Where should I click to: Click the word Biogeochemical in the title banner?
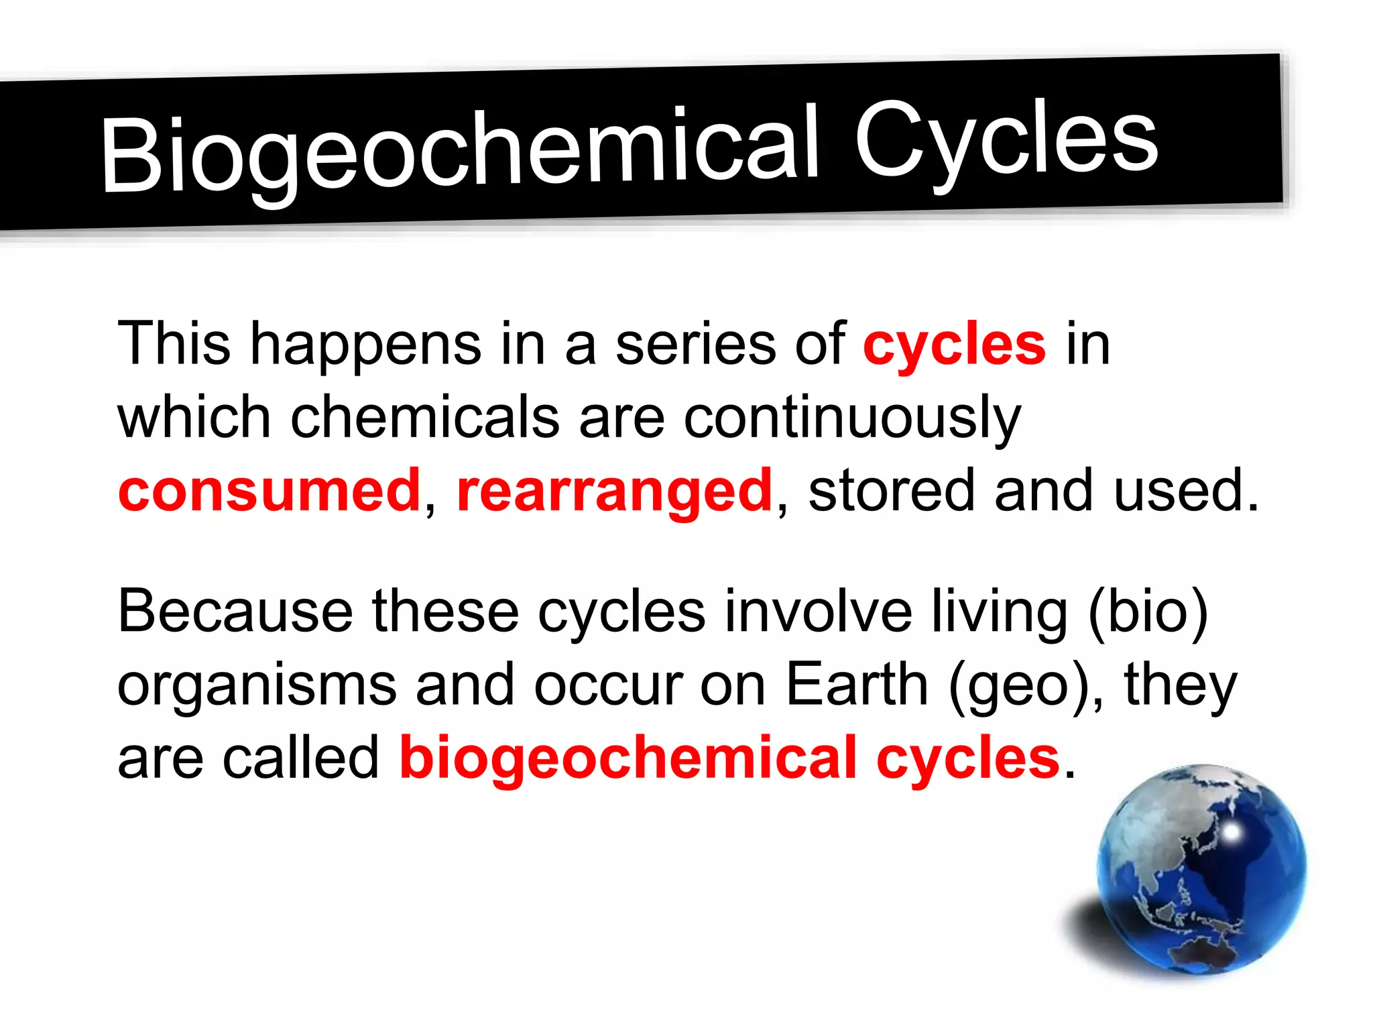(x=459, y=151)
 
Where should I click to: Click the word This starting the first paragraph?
(x=174, y=343)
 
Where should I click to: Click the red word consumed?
(x=269, y=490)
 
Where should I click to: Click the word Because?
(x=235, y=611)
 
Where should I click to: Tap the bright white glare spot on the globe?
(x=1232, y=832)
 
